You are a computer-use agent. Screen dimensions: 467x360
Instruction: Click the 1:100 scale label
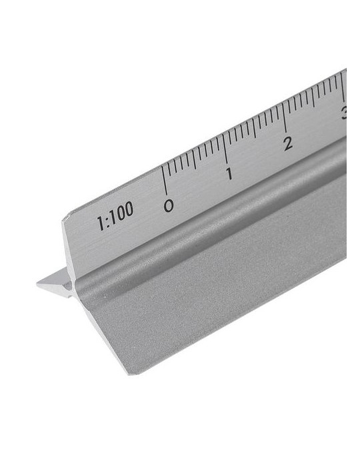(x=115, y=215)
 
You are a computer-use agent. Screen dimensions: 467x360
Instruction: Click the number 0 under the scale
(x=169, y=206)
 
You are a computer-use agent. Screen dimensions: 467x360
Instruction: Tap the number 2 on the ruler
(x=287, y=142)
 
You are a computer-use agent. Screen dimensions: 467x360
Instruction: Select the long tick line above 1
(x=225, y=150)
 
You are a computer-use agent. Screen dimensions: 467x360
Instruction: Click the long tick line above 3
(x=343, y=87)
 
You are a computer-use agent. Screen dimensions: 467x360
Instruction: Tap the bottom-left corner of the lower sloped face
(x=131, y=372)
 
